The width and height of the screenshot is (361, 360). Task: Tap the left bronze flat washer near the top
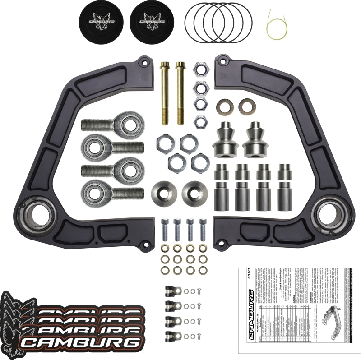click(x=222, y=106)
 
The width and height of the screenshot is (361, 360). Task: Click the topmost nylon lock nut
click(x=200, y=69)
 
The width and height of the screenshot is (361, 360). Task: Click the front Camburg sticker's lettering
click(x=81, y=342)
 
